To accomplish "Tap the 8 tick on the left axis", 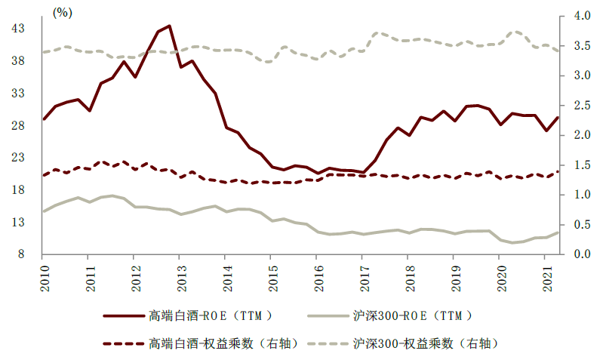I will coord(21,254).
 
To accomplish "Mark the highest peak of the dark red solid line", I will coord(169,26).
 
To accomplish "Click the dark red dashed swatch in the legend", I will coord(124,343).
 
